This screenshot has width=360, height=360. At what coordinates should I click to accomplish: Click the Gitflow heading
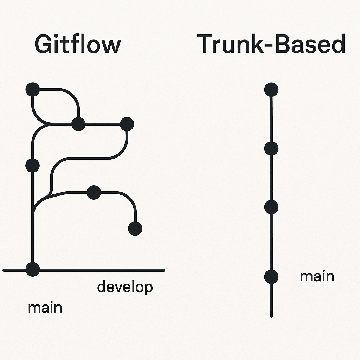click(x=78, y=45)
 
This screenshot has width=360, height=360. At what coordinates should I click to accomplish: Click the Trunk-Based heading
click(x=271, y=45)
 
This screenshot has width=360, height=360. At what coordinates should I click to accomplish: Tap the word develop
click(x=125, y=288)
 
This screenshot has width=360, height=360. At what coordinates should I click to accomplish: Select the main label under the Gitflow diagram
click(x=45, y=307)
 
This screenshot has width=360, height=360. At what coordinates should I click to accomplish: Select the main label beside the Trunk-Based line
click(x=317, y=276)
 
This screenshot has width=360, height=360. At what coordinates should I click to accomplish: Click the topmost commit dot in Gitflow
click(x=32, y=89)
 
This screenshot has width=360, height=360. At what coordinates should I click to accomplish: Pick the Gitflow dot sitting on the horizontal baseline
click(x=33, y=269)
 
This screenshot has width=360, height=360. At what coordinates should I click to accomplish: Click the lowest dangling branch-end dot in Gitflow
click(x=135, y=229)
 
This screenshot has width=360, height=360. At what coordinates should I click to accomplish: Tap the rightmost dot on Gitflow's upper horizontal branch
click(x=127, y=124)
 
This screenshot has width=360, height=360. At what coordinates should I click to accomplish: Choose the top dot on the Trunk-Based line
click(x=271, y=89)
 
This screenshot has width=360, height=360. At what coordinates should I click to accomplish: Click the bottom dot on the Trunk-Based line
click(x=271, y=277)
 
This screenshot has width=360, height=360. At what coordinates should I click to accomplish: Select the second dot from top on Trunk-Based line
click(x=271, y=149)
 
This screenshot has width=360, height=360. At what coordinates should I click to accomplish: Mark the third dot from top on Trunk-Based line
click(x=271, y=207)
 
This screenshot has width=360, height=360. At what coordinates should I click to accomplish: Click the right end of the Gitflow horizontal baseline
click(x=163, y=270)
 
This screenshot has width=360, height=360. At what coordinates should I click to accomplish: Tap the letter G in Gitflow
click(x=43, y=45)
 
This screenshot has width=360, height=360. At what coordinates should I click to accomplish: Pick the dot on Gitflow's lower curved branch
click(x=94, y=192)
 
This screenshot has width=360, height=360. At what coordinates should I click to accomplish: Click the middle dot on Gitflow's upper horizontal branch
click(x=78, y=124)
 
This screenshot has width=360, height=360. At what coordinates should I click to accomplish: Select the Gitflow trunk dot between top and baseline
click(x=32, y=165)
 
